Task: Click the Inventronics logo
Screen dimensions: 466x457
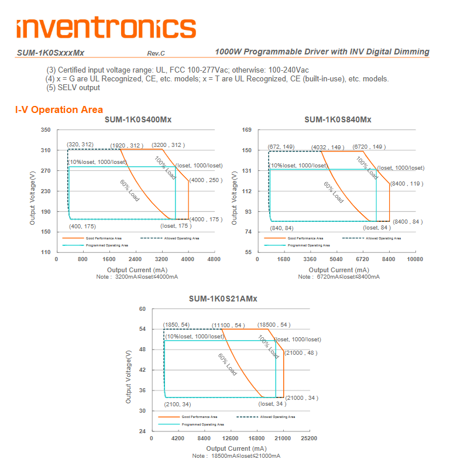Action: tap(106, 28)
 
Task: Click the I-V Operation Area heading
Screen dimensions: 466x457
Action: tap(59, 109)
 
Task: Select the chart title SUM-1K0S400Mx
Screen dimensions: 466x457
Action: tap(138, 119)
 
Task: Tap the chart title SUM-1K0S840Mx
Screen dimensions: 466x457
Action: tap(338, 119)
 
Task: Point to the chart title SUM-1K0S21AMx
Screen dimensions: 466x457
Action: tap(223, 299)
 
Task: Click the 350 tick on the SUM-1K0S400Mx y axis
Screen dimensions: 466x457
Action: tap(46, 130)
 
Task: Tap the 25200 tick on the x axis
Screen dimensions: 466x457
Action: tap(309, 438)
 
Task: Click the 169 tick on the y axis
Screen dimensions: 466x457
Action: tap(247, 130)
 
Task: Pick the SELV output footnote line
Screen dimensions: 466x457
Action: tap(73, 88)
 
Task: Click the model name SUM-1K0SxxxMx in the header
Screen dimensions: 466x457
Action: tap(50, 53)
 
